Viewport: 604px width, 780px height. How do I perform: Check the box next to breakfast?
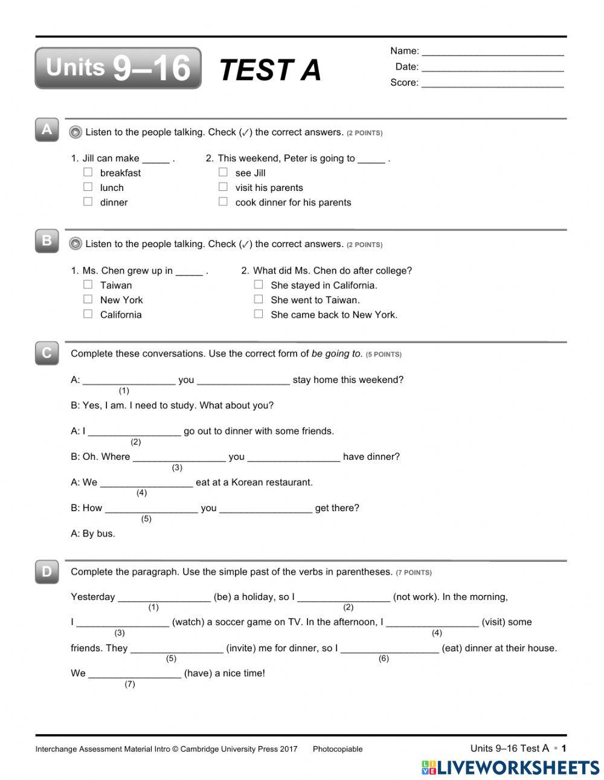click(88, 172)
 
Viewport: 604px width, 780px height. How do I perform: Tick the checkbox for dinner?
click(88, 202)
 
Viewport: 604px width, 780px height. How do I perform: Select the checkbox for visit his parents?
click(223, 187)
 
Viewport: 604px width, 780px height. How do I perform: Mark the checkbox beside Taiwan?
click(88, 285)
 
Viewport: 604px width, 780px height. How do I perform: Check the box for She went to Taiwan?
click(259, 299)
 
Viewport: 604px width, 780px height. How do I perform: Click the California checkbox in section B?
click(88, 314)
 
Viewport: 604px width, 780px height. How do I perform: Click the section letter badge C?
click(47, 353)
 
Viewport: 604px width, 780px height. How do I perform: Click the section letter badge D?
click(47, 571)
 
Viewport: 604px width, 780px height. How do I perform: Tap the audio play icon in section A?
click(75, 132)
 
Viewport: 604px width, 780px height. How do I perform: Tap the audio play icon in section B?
click(75, 244)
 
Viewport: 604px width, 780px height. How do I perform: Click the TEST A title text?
click(270, 70)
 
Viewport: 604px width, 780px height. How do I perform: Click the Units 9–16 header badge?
click(118, 68)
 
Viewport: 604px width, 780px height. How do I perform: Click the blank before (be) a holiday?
click(164, 598)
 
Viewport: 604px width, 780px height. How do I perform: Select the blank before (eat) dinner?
click(390, 649)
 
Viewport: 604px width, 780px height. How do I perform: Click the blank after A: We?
click(146, 483)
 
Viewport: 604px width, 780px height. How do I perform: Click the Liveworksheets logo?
click(510, 767)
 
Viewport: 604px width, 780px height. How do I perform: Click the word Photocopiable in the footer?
click(337, 749)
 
